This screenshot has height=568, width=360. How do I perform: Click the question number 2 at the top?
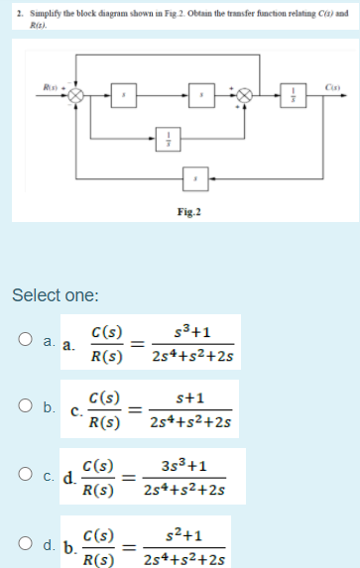click(x=8, y=8)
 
